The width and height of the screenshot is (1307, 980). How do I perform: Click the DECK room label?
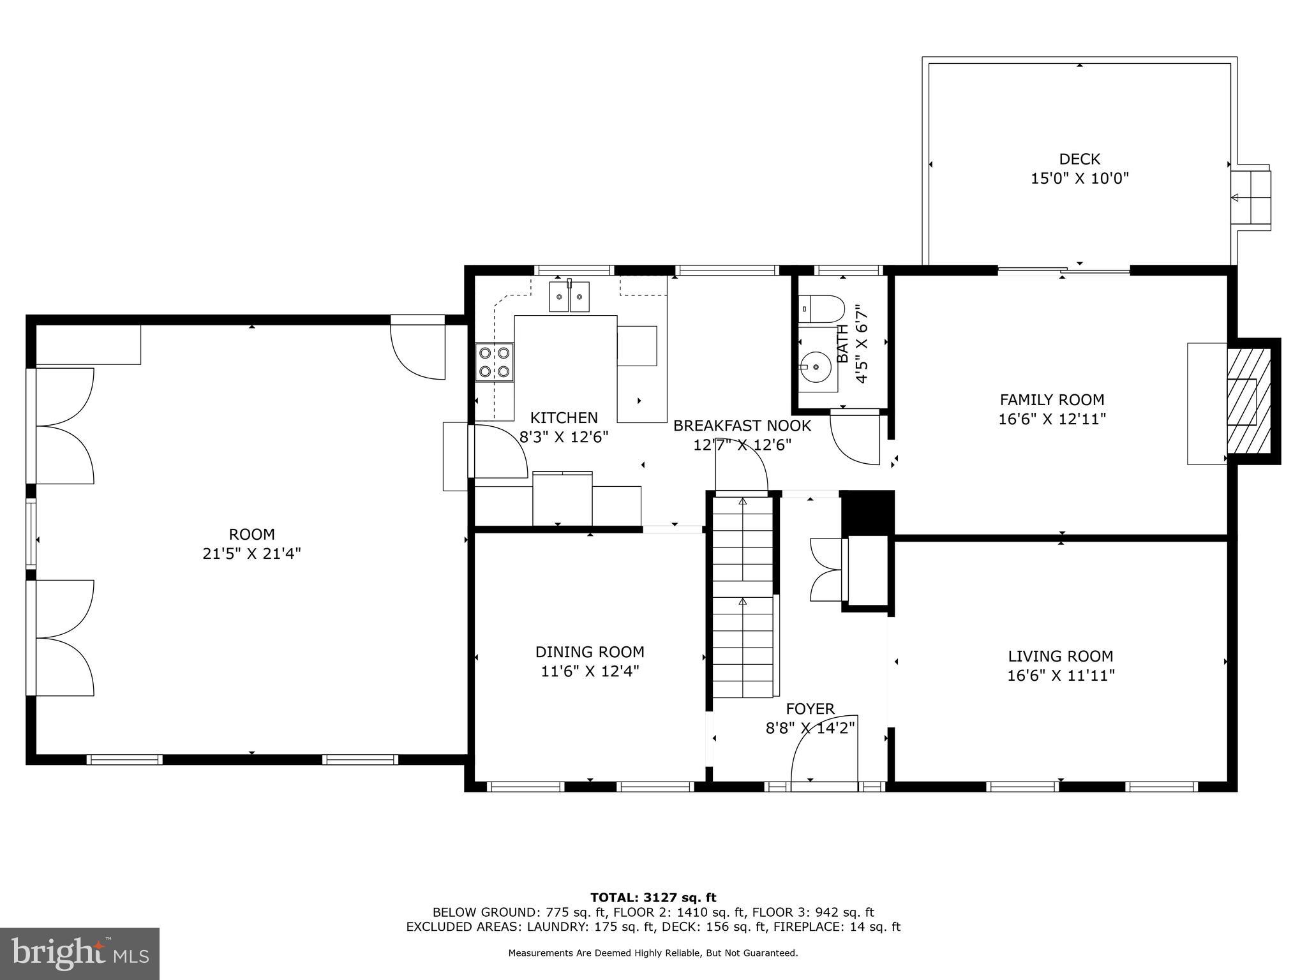click(1079, 159)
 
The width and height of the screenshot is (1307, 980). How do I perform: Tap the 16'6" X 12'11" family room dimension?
click(1052, 419)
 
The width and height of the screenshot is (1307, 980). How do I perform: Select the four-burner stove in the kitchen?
click(494, 362)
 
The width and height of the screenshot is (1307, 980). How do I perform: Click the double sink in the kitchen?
click(569, 297)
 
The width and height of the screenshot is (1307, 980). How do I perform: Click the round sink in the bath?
click(816, 367)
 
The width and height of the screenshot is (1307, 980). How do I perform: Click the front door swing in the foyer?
click(823, 750)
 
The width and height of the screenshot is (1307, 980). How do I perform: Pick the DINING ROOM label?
click(590, 652)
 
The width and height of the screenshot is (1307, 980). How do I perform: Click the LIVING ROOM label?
click(1061, 656)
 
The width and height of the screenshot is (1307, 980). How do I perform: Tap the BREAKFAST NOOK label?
click(742, 426)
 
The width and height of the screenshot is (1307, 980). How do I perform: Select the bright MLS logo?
click(80, 953)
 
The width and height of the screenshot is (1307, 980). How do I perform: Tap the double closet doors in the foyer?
click(826, 570)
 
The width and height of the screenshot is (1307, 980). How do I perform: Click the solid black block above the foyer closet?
click(868, 512)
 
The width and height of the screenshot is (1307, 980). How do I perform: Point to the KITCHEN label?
click(564, 418)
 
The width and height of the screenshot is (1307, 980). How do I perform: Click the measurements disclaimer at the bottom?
click(653, 953)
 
